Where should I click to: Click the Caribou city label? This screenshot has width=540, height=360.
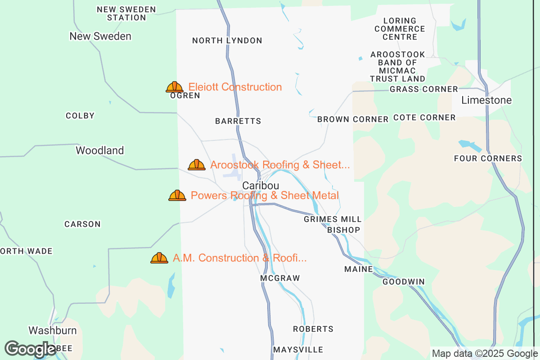click(x=261, y=185)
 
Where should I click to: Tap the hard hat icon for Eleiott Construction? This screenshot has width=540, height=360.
click(x=175, y=87)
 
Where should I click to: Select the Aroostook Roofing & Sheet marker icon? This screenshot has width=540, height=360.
click(x=197, y=165)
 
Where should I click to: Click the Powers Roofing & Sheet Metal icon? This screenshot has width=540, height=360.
click(x=177, y=195)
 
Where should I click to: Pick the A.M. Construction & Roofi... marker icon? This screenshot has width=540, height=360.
click(x=159, y=258)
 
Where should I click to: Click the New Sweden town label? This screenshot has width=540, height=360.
click(x=100, y=36)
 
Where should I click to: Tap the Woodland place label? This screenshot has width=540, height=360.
click(x=99, y=150)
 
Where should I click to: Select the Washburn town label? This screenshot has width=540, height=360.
click(x=53, y=330)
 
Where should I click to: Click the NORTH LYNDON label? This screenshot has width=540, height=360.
click(x=227, y=40)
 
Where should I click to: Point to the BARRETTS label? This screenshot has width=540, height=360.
click(x=238, y=121)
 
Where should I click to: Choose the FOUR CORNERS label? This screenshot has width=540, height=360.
click(x=488, y=158)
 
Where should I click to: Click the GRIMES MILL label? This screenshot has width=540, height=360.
click(x=333, y=219)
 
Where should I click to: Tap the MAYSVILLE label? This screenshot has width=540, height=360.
click(x=298, y=350)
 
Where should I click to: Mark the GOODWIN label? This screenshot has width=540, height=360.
click(x=404, y=282)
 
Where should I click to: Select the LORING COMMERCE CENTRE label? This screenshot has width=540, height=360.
click(x=400, y=29)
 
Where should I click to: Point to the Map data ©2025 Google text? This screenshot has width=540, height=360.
click(x=484, y=353)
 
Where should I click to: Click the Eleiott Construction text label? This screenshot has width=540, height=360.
click(x=235, y=87)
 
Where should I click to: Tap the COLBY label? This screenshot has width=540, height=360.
click(x=80, y=116)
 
